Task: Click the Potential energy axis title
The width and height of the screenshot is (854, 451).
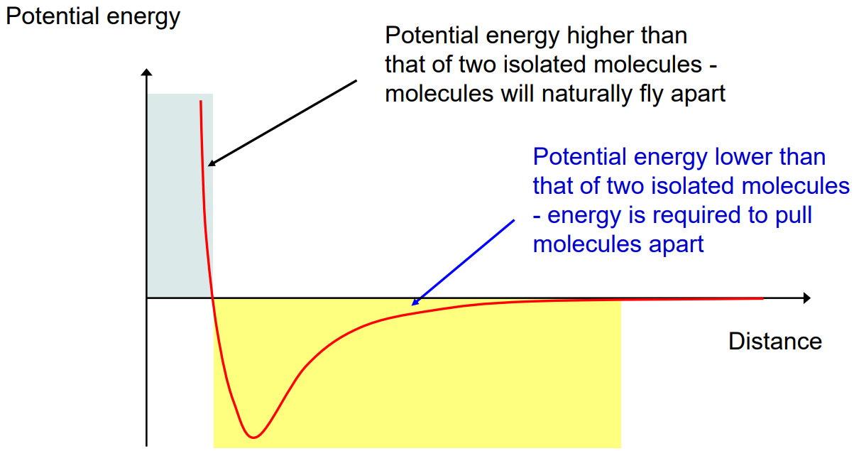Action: pyautogui.click(x=93, y=16)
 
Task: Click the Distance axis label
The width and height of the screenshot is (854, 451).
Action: pyautogui.click(x=774, y=341)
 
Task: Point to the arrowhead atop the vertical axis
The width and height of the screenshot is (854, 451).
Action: pyautogui.click(x=147, y=72)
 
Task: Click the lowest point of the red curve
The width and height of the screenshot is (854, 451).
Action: pyautogui.click(x=253, y=436)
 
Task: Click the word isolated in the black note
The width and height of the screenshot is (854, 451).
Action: pyautogui.click(x=533, y=64)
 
